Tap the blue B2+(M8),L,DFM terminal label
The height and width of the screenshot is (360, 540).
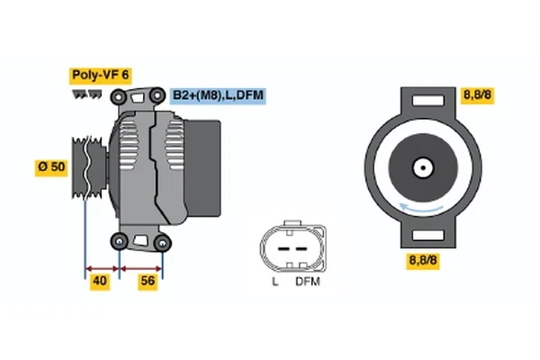(x=219, y=94)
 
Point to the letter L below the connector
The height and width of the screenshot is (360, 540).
(x=275, y=281)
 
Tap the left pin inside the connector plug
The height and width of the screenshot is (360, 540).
(x=282, y=246)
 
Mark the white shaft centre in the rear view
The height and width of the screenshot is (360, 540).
(x=421, y=166)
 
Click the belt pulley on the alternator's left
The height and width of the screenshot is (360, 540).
(x=85, y=167)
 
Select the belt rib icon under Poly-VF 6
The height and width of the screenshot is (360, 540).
(x=88, y=93)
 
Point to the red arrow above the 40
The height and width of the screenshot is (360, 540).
(x=102, y=267)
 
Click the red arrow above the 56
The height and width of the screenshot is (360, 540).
(x=141, y=267)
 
